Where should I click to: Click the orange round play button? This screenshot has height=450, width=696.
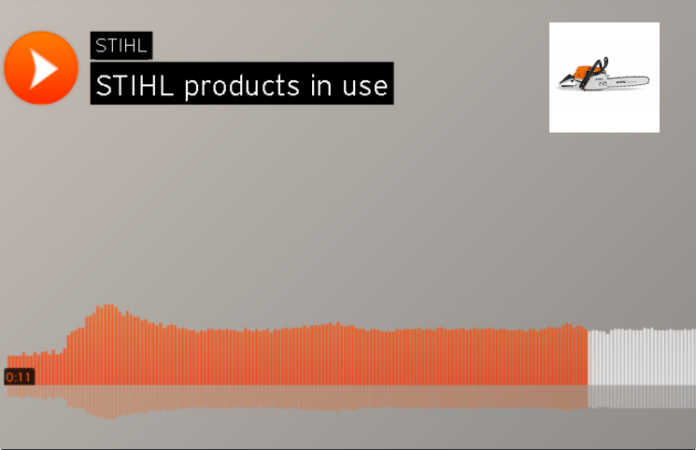40,67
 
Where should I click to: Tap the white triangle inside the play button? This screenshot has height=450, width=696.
43,67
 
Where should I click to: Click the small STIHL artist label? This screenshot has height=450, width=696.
121,46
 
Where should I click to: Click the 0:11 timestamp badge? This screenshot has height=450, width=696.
19,377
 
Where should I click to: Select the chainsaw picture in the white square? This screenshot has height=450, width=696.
604,77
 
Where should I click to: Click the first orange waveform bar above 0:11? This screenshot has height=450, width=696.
9,364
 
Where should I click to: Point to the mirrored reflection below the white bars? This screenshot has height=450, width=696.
641,396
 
